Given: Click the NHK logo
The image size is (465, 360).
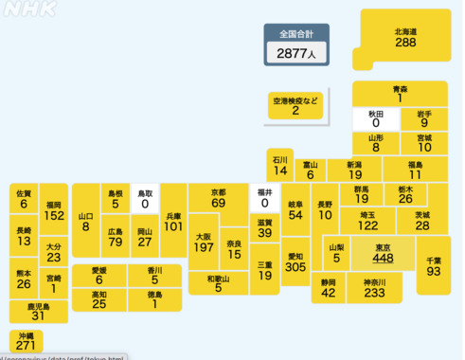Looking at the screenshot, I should [x=29, y=9].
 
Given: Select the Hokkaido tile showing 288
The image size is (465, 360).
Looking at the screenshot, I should [x=404, y=38].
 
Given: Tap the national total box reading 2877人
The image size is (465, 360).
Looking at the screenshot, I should [x=296, y=46].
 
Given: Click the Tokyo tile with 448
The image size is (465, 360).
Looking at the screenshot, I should [x=383, y=254].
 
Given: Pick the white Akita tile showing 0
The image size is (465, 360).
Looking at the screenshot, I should [x=375, y=118].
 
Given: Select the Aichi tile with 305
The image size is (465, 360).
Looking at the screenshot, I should [x=295, y=261].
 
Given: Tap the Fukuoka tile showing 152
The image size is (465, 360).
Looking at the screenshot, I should [x=53, y=210].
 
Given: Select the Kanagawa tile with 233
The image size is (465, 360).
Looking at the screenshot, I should [x=374, y=288].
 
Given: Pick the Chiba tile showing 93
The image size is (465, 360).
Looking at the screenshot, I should [x=433, y=266].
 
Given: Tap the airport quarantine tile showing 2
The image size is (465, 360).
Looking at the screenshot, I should [x=295, y=105].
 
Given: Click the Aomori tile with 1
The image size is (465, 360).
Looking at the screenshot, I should [x=400, y=93].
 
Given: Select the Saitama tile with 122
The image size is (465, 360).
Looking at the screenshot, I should [x=368, y=221].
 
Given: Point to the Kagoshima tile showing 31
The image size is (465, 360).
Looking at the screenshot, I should [x=38, y=311].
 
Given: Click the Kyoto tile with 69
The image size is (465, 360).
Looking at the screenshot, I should [x=218, y=198].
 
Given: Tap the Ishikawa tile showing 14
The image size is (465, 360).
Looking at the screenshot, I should [x=279, y=165].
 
